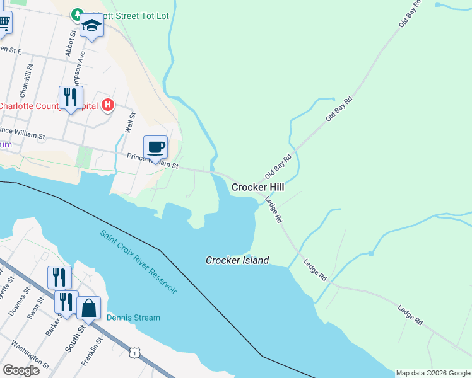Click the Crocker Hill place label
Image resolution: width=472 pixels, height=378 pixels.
point(257,187)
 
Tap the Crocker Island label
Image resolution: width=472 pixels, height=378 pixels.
point(237,260)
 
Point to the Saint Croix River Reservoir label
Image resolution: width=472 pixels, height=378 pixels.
point(139,261)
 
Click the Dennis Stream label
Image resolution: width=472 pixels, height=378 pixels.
point(133,318)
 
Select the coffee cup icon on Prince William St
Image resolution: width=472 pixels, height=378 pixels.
point(156,148)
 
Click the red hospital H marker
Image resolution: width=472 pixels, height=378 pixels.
point(108,105)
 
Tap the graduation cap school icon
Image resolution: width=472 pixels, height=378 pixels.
point(92,26)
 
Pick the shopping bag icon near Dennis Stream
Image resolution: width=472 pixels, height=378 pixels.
point(89,308)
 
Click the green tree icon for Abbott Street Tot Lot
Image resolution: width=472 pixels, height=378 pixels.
point(77,14)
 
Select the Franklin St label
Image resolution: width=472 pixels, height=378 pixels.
point(90,354)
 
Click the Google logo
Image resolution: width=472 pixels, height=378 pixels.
point(21,370)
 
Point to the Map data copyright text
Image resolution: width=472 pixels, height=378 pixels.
point(433,374)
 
